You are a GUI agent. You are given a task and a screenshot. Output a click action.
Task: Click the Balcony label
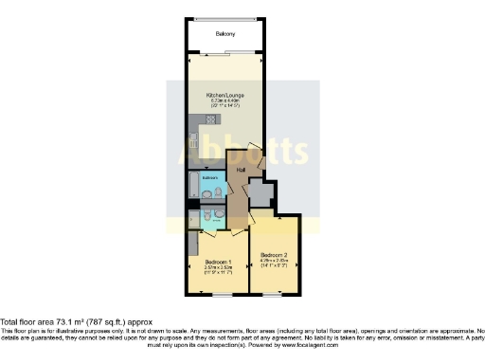[225, 34]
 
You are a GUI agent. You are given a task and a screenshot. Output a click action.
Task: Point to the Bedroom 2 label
[274, 254]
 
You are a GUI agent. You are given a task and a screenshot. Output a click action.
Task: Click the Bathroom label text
[209, 177]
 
